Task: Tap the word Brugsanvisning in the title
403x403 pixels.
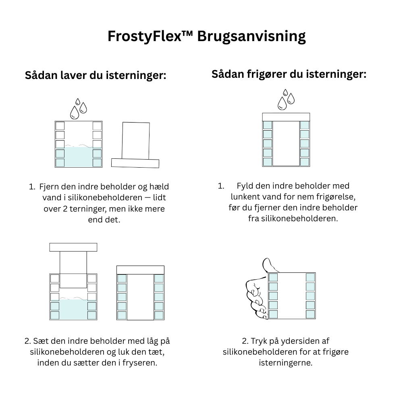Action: pos(251,37)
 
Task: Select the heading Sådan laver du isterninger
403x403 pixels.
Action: pos(96,75)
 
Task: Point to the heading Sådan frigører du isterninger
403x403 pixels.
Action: pos(289,74)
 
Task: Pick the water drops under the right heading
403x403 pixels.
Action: pos(286,100)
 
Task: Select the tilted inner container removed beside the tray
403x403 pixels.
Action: pos(136,141)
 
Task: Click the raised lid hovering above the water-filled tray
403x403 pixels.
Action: pos(73,247)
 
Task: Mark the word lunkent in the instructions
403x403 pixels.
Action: pos(245,197)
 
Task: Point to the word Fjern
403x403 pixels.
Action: pos(48,187)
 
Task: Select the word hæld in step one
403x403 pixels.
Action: pos(160,187)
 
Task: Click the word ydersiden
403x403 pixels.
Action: pos(294,341)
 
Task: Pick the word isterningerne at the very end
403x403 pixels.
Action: pos(285,363)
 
